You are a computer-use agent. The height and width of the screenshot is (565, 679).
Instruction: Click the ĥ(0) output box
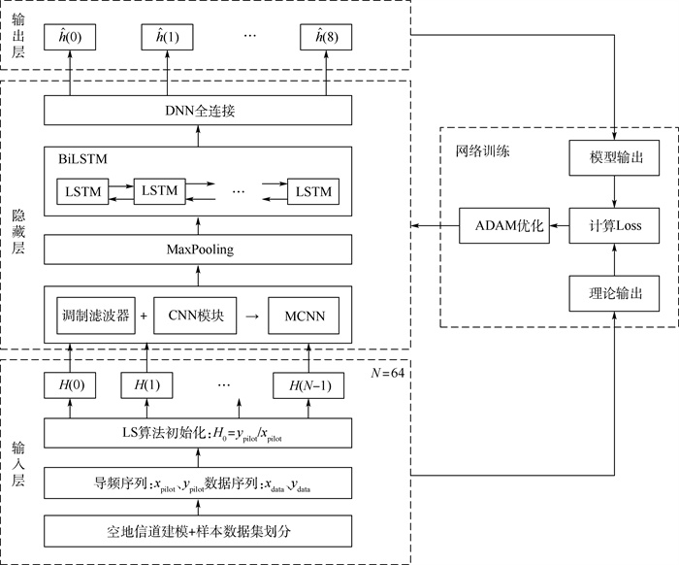(71, 38)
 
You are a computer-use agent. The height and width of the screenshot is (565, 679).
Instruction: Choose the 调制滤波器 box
(94, 316)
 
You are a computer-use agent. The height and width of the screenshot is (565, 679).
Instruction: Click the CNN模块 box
(196, 316)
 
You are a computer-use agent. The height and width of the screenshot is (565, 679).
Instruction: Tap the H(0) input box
(71, 384)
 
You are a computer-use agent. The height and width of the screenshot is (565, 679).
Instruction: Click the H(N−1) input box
(308, 384)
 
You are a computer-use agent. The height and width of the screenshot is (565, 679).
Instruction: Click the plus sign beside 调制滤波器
(144, 316)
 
